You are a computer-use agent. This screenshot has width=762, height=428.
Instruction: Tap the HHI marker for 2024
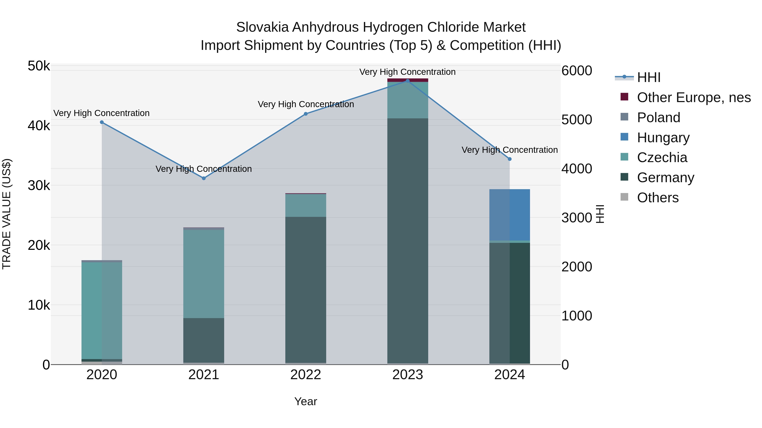coord(509,159)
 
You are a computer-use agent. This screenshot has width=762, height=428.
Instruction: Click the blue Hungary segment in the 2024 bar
coord(509,215)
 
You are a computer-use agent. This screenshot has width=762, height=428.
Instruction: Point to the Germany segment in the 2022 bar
coord(306,290)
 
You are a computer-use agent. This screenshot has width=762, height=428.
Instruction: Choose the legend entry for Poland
coord(658,118)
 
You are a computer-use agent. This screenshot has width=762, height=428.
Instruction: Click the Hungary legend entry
coord(663,138)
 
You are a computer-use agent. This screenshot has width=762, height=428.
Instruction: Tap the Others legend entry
coord(658,198)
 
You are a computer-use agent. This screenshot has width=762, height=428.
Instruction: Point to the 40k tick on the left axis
coord(39,126)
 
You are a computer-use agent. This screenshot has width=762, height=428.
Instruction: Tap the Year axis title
coord(306,401)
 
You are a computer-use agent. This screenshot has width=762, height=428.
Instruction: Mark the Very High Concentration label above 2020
coord(101,113)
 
